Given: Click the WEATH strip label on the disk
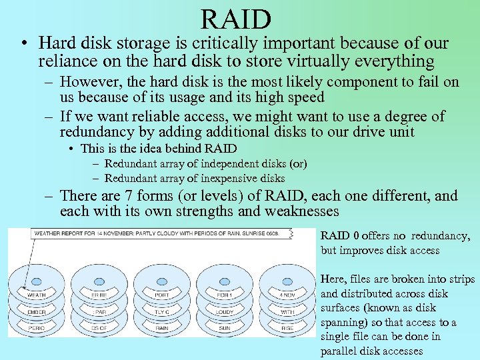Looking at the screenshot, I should pyautogui.click(x=36, y=294).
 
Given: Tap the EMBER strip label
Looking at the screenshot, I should pyautogui.click(x=36, y=311).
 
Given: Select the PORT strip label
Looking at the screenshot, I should pyautogui.click(x=162, y=294).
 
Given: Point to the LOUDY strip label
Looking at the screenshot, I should pyautogui.click(x=225, y=311).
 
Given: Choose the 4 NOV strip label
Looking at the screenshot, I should pyautogui.click(x=287, y=294).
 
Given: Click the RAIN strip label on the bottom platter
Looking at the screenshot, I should pyautogui.click(x=162, y=328).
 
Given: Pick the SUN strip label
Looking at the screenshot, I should pyautogui.click(x=225, y=328).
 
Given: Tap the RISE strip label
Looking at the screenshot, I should pyautogui.click(x=287, y=328).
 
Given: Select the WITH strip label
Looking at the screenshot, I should pyautogui.click(x=287, y=311).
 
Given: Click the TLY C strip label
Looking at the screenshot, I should pyautogui.click(x=162, y=311).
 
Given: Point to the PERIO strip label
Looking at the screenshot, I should pyautogui.click(x=36, y=328).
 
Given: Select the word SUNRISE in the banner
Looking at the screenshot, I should pyautogui.click(x=262, y=234).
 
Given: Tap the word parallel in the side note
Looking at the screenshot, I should pyautogui.click(x=339, y=351).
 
